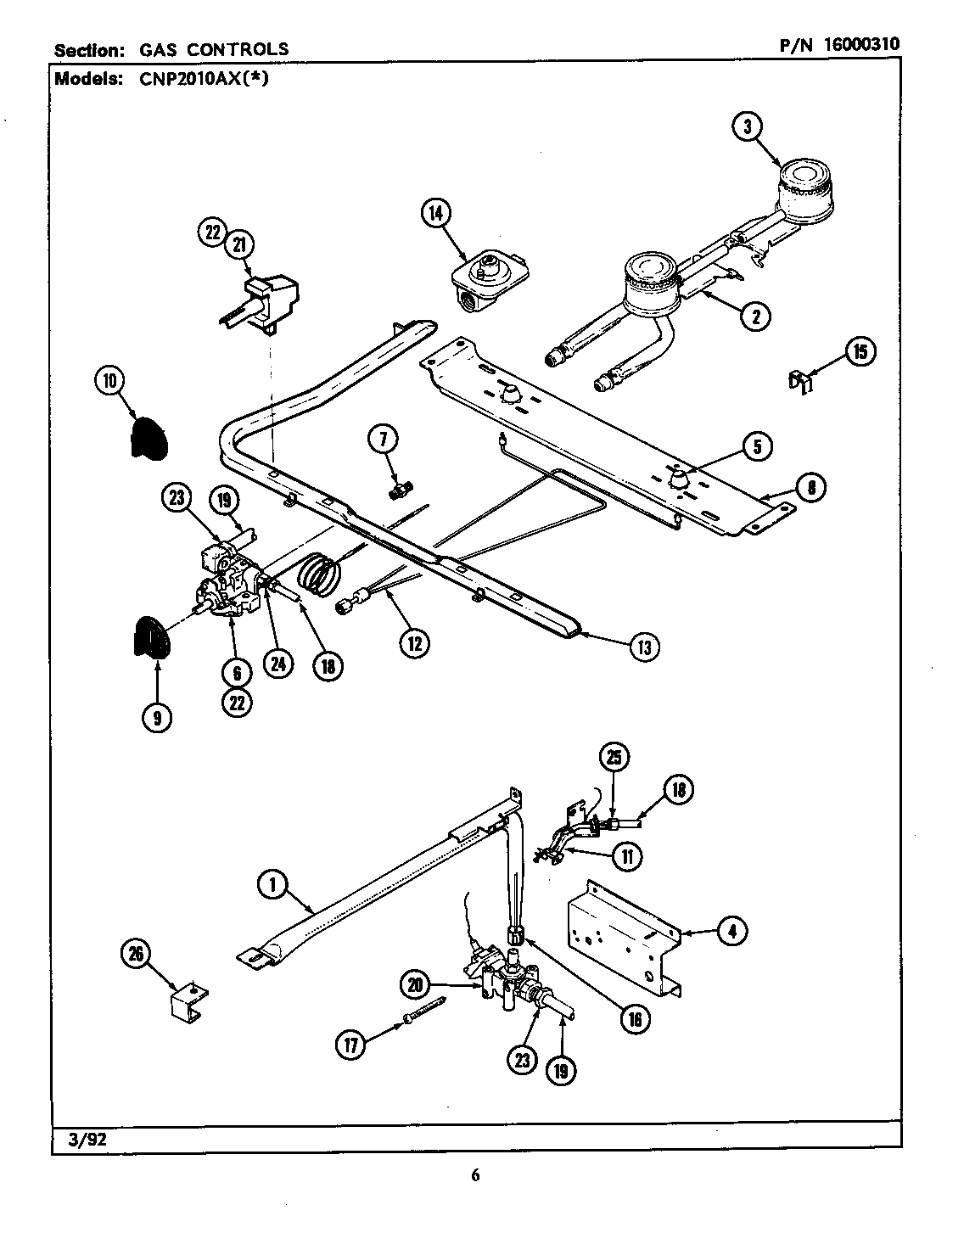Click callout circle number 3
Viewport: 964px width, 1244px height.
tap(748, 128)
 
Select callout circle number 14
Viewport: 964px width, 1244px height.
tap(436, 214)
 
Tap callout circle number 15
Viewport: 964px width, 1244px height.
tap(860, 351)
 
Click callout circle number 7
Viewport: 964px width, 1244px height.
tap(383, 440)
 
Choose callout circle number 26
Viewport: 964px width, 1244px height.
tap(137, 956)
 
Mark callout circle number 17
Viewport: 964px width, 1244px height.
tap(350, 1045)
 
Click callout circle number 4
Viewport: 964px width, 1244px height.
tap(731, 932)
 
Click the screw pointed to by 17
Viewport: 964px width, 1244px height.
tap(424, 1011)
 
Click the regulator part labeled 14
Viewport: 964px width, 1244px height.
tap(489, 277)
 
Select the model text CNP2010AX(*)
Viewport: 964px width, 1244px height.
tap(205, 80)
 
